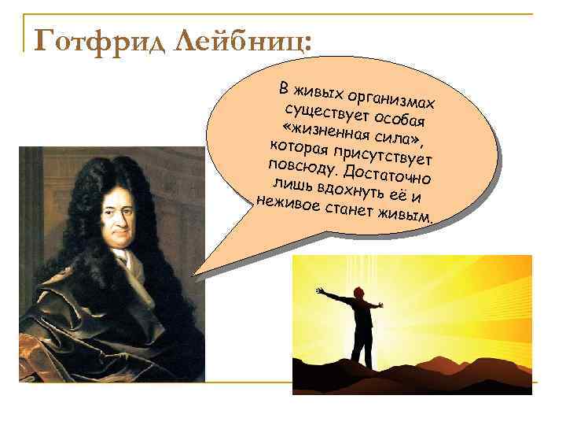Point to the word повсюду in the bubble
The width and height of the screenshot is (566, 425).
(303, 166)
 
